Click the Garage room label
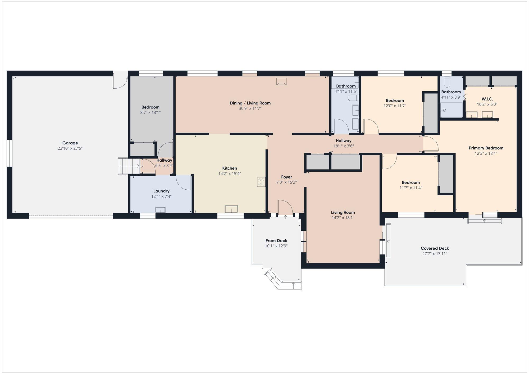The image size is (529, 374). point(70,143)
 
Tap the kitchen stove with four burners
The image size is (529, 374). point(261,182)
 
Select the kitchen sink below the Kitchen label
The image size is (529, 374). point(231,209)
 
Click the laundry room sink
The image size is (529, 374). point(160,210)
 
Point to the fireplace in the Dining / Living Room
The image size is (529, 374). point(281,81)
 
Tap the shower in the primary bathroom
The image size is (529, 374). point(452,110)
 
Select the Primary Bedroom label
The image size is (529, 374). point(486,148)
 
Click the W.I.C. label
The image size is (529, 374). point(487,99)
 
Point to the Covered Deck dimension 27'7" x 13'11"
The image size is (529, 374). point(435,254)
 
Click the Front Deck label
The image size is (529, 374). point(276,241)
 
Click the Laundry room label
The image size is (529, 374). point(161,191)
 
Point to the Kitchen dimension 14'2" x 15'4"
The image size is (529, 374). point(230,174)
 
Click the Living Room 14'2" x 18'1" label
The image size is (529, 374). point(343,215)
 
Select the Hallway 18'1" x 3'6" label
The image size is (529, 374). point(344,143)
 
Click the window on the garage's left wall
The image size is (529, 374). point(10,153)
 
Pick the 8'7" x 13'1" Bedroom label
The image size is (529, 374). point(151,110)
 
